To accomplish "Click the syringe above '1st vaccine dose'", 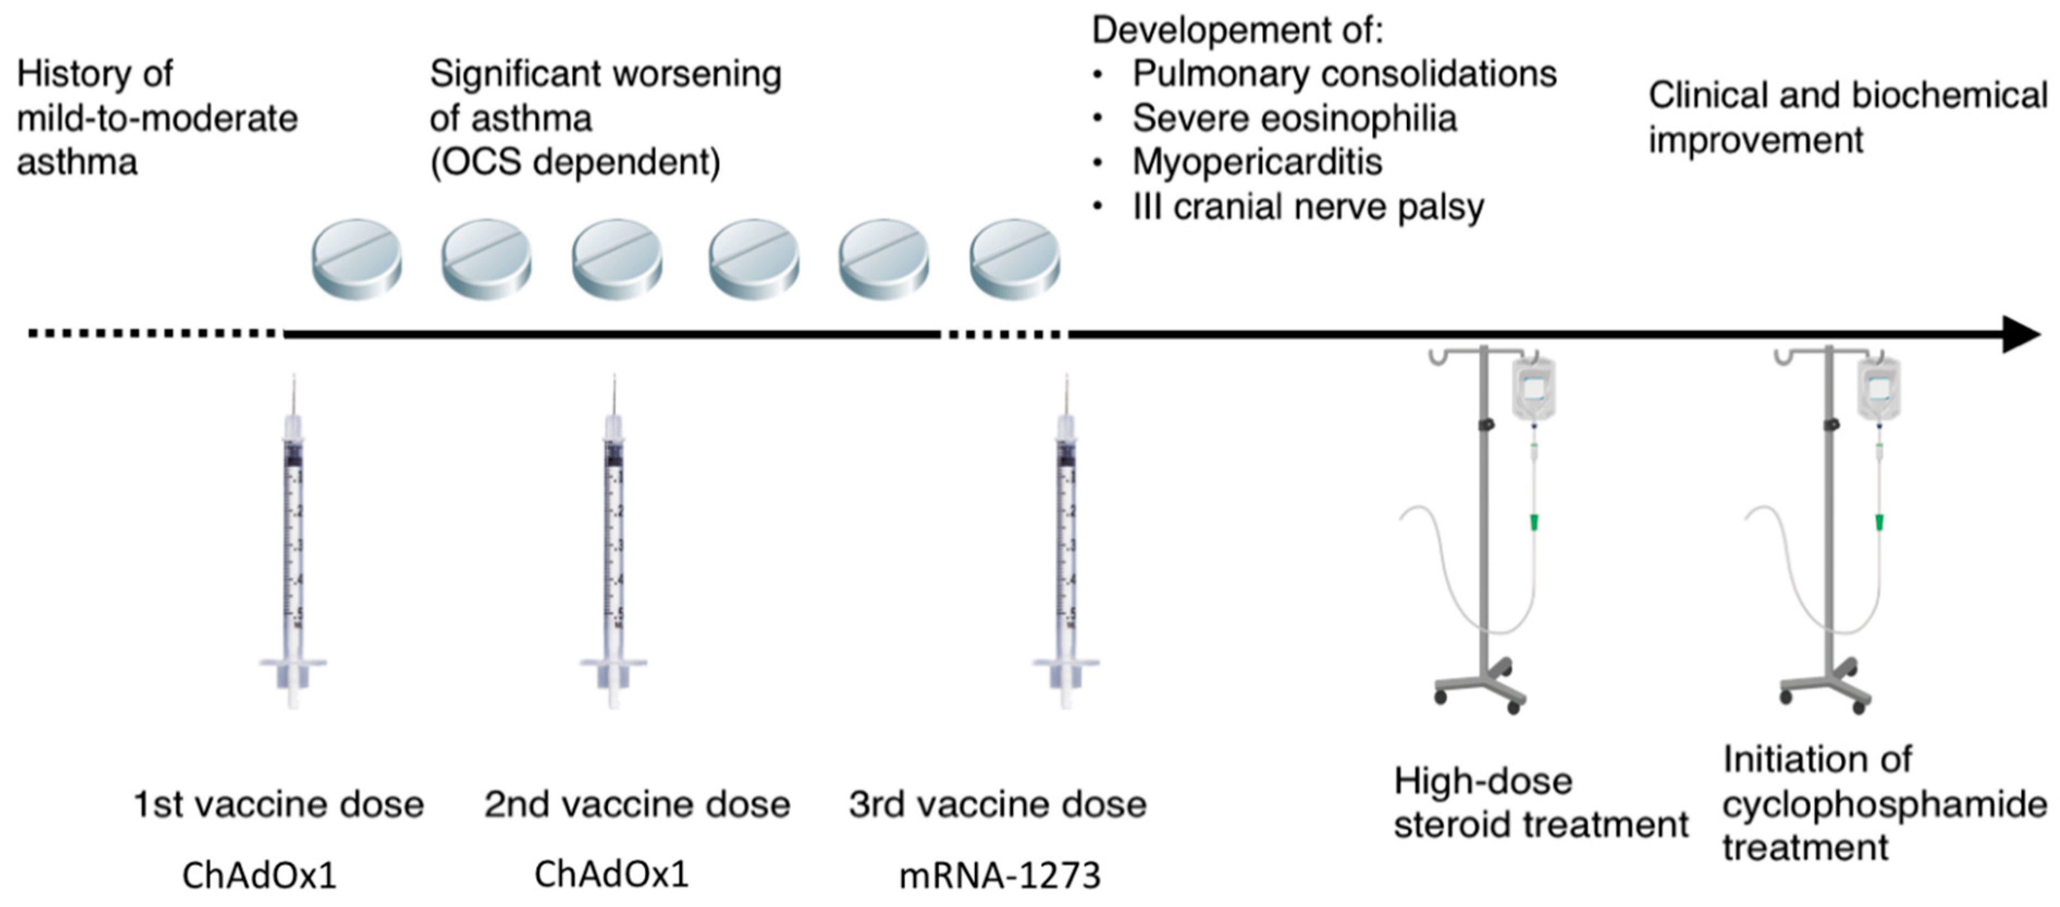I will [x=293, y=544].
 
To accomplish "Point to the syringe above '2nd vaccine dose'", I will [x=613, y=544].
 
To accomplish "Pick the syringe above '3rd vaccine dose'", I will [x=1066, y=544].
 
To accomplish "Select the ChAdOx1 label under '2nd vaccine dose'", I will [x=611, y=874].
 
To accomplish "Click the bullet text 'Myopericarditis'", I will [x=1257, y=162].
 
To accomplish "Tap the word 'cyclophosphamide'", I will [x=1885, y=804].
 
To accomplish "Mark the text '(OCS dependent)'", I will [x=575, y=162].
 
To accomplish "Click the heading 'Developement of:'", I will [x=1237, y=30].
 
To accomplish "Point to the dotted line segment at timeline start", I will [x=152, y=334].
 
